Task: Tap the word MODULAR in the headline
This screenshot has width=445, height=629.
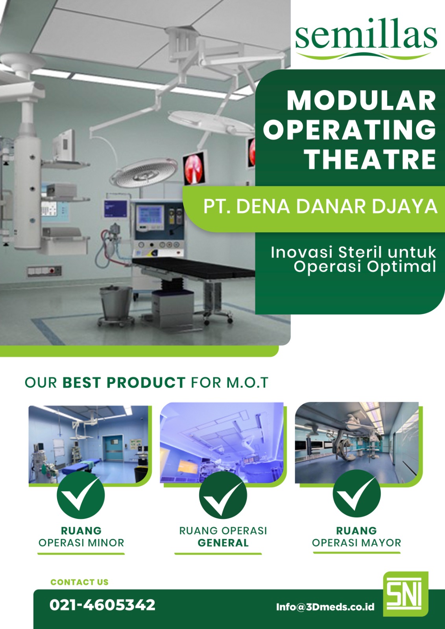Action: [361, 101]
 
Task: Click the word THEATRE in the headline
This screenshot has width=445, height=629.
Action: [370, 160]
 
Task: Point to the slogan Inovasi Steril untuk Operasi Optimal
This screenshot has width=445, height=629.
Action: [353, 259]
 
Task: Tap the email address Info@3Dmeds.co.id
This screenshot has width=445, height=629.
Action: [325, 607]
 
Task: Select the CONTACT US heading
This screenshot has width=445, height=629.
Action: [79, 582]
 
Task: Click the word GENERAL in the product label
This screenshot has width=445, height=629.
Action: [223, 543]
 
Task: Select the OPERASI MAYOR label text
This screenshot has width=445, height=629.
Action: [356, 543]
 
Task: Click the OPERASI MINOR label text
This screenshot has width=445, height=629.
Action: [81, 543]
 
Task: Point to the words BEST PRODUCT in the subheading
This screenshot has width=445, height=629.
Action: [124, 383]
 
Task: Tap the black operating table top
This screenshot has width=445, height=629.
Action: [193, 266]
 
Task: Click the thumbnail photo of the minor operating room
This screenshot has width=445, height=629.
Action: [89, 444]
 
